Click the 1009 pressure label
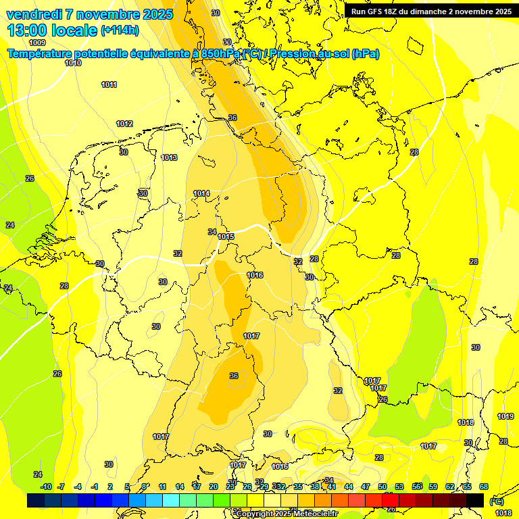(x=38, y=43)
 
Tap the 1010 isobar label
(x=73, y=63)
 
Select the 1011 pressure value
(x=109, y=84)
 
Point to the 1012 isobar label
(x=124, y=124)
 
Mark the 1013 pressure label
(x=169, y=157)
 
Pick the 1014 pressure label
(x=201, y=193)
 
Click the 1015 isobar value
(x=226, y=237)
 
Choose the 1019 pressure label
(x=505, y=416)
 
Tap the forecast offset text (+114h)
(x=120, y=30)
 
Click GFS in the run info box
(x=380, y=11)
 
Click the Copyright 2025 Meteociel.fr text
(x=286, y=514)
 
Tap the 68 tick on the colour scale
(x=484, y=487)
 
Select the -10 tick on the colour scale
(x=46, y=487)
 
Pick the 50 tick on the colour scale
(x=382, y=487)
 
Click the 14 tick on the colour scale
(x=180, y=487)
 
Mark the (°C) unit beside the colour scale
(x=496, y=501)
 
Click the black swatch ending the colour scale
(x=475, y=500)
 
